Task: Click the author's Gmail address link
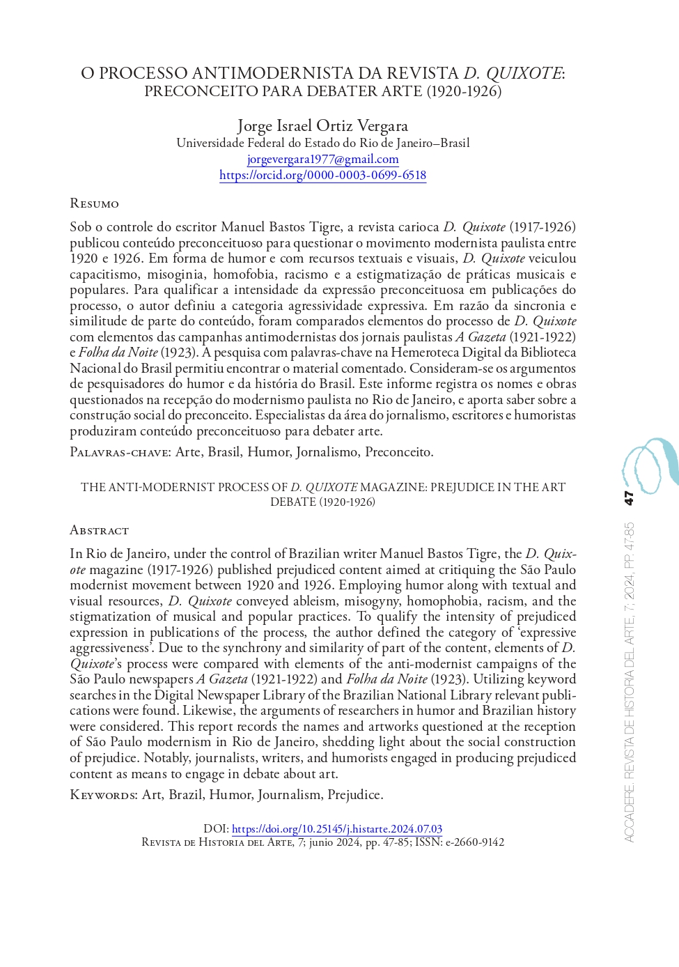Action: point(322,159)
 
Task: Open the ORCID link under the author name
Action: point(322,175)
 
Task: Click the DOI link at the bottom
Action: point(337,829)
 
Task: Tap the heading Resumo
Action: point(94,203)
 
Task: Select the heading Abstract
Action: point(99,530)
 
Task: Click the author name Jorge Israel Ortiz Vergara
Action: point(322,125)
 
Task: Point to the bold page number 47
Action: point(629,497)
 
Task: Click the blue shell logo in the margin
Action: point(649,464)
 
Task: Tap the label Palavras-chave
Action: point(119,452)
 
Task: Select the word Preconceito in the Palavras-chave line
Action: point(398,452)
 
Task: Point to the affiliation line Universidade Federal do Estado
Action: point(322,143)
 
